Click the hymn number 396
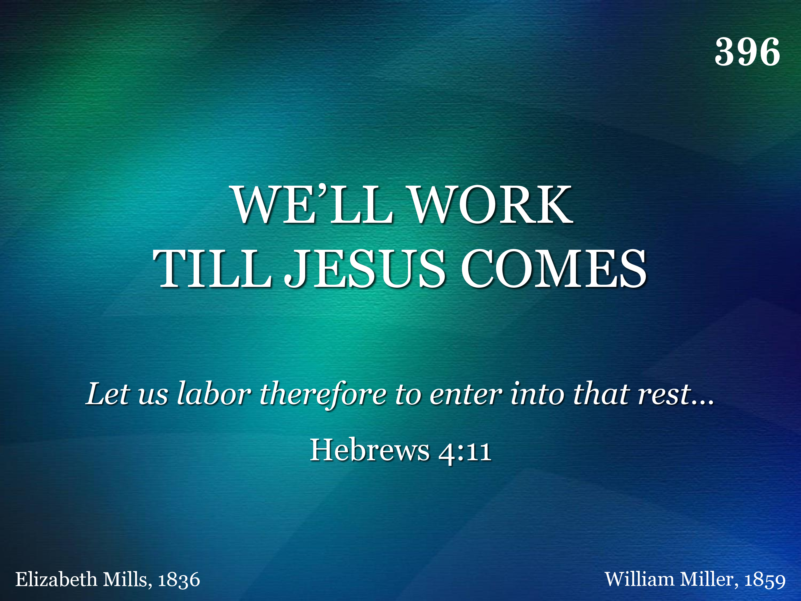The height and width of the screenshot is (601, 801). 747,52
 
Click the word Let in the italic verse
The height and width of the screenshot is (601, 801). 108,393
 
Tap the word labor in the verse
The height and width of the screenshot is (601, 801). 214,393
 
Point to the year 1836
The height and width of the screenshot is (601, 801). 179,580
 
